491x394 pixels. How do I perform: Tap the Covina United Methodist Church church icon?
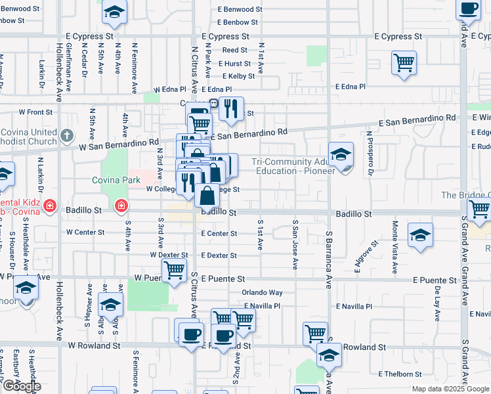tap(66, 136)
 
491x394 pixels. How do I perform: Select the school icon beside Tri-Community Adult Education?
tap(341, 155)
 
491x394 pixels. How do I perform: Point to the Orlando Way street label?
tap(261, 292)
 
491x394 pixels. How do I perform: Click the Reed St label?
tap(234, 50)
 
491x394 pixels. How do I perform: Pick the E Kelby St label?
tap(238, 77)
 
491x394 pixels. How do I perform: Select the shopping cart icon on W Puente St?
tap(174, 269)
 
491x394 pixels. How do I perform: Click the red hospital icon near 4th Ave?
tap(121, 207)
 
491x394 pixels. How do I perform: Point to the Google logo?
tap(22, 387)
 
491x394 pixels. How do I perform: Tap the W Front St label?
tap(35, 112)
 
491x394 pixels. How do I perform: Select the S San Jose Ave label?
tap(295, 244)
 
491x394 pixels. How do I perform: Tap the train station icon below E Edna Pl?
tap(214, 103)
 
